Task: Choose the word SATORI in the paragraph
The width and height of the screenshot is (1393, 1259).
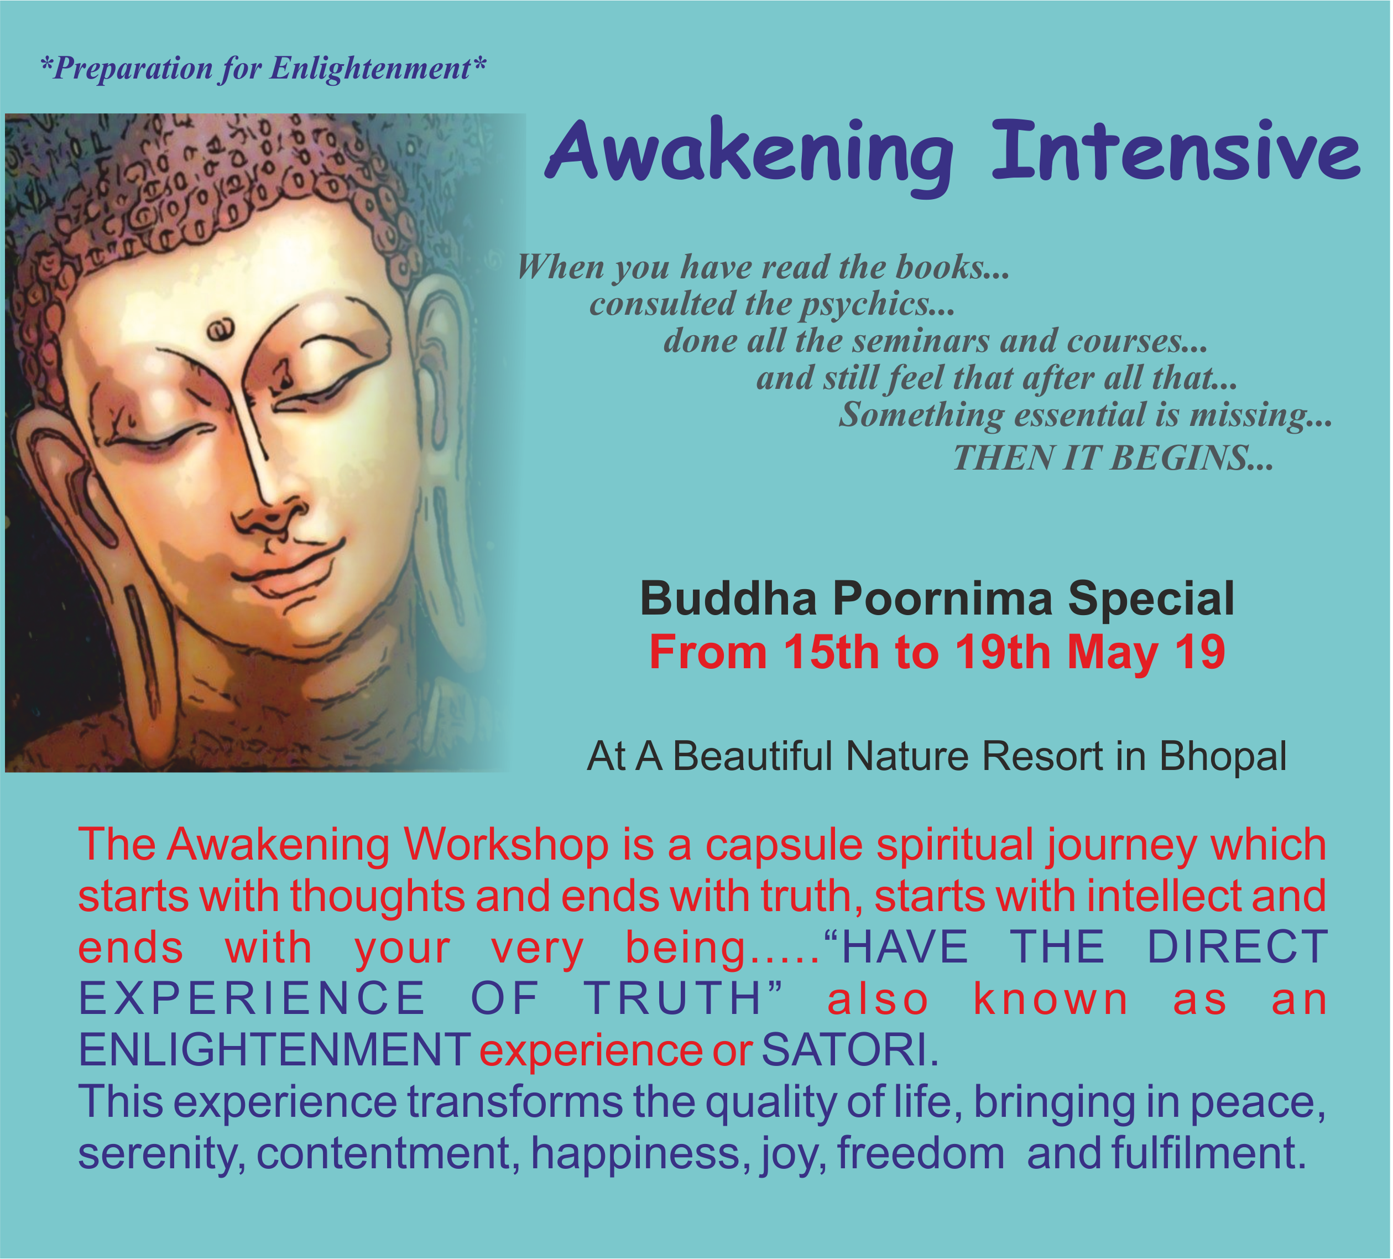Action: pyautogui.click(x=844, y=1050)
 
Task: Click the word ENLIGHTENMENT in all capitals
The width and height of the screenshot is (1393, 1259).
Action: pyautogui.click(x=275, y=1050)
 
